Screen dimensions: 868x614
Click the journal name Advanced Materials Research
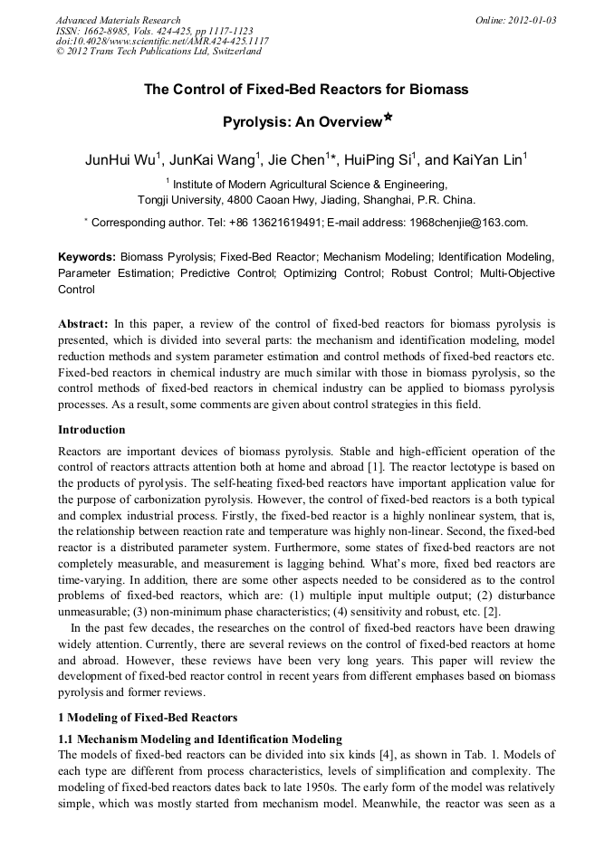click(118, 20)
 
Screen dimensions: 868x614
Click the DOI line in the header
click(161, 41)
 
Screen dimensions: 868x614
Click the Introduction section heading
click(91, 429)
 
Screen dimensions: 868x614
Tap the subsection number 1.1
click(67, 739)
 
